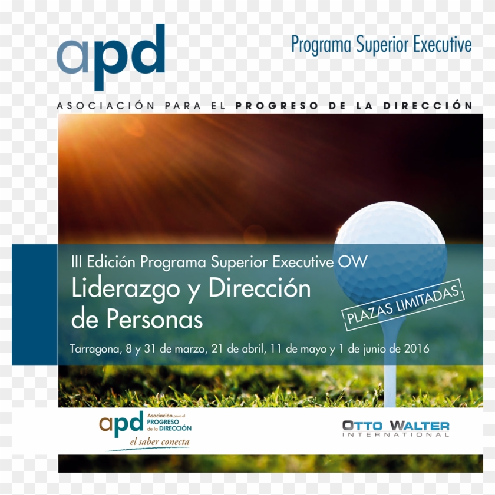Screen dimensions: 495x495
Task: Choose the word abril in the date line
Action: pos(251,348)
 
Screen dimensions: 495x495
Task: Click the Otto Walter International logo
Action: pos(395,428)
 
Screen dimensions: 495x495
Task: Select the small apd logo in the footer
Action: pos(121,422)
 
